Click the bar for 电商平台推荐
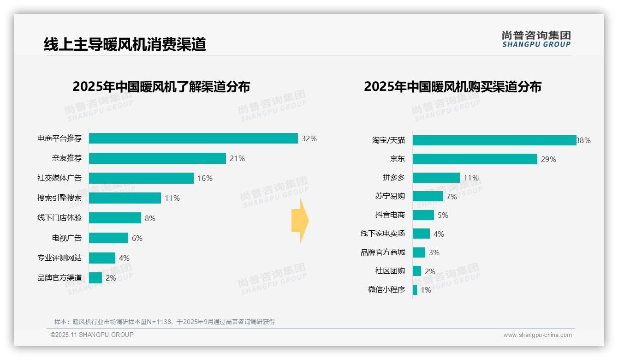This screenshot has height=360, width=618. [193, 138]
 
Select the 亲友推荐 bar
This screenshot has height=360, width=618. [157, 158]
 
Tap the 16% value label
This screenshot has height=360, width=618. [205, 178]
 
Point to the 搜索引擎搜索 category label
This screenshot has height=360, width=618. [59, 198]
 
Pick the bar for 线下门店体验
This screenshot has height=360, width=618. [115, 218]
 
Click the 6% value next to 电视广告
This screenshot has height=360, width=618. [137, 238]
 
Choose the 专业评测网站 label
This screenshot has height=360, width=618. [59, 258]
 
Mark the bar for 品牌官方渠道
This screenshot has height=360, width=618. [95, 278]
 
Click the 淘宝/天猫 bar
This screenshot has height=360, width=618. [494, 140]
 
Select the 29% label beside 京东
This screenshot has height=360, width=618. [549, 159]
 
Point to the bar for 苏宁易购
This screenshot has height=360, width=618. [428, 196]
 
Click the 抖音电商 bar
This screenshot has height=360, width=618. [423, 215]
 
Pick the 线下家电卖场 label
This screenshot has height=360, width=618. [383, 234]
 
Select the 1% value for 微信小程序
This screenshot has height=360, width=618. [426, 290]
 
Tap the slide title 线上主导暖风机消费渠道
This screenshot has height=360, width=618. [125, 44]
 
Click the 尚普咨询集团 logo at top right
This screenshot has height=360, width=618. [536, 39]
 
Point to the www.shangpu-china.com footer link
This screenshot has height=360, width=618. [537, 335]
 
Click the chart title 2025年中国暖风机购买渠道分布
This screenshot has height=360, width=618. [452, 87]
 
